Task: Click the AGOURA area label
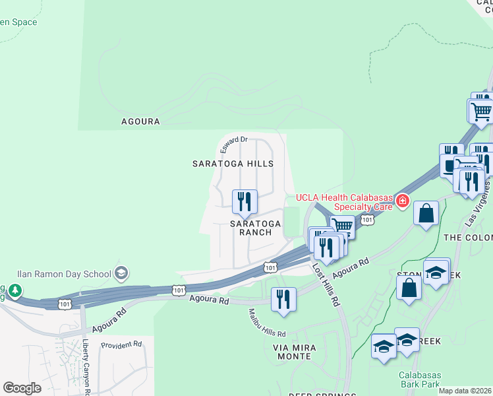140,121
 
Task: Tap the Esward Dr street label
233,143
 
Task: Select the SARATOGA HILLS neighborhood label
233,163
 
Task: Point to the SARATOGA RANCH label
255,228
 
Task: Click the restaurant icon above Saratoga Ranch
245,202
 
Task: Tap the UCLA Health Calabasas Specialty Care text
343,201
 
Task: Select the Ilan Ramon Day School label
65,273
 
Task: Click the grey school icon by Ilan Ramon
121,273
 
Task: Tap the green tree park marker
15,290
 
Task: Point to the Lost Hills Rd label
326,284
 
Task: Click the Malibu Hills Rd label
267,323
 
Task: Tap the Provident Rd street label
121,345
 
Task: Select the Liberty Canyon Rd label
86,366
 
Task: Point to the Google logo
22,388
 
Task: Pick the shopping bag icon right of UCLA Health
426,213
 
